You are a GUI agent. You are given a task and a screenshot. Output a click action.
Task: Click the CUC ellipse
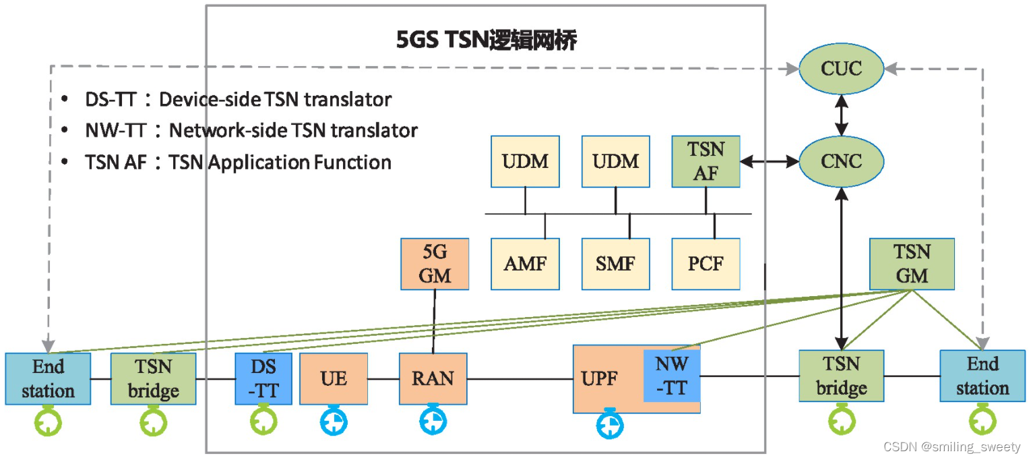pyautogui.click(x=841, y=68)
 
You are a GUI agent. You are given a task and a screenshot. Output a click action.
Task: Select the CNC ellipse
pyautogui.click(x=841, y=162)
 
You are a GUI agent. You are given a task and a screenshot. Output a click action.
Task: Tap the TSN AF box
pyautogui.click(x=706, y=162)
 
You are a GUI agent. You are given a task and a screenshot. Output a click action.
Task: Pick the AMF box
pyautogui.click(x=525, y=264)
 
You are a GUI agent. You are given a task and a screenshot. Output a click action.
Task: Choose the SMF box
pyautogui.click(x=616, y=264)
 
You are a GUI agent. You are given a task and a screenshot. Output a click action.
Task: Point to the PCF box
pyautogui.click(x=706, y=264)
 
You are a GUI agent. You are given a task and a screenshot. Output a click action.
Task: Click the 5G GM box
pyautogui.click(x=435, y=264)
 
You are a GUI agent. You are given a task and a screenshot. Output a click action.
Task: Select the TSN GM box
pyautogui.click(x=912, y=264)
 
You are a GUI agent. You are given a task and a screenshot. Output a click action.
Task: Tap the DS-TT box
pyautogui.click(x=263, y=378)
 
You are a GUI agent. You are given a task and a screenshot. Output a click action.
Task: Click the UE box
pyautogui.click(x=334, y=378)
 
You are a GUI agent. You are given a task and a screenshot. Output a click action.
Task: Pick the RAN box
pyautogui.click(x=433, y=378)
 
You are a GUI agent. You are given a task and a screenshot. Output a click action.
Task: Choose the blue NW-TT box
pyautogui.click(x=672, y=376)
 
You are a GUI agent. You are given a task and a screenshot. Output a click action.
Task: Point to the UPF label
pyautogui.click(x=599, y=378)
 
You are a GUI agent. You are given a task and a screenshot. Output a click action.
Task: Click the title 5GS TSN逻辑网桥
pyautogui.click(x=487, y=41)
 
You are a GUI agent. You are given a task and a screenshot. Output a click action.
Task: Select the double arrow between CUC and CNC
pyautogui.click(x=841, y=115)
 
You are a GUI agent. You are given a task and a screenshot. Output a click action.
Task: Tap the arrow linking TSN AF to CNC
pyautogui.click(x=769, y=162)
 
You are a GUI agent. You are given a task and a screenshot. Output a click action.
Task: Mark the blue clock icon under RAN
pyautogui.click(x=433, y=421)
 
